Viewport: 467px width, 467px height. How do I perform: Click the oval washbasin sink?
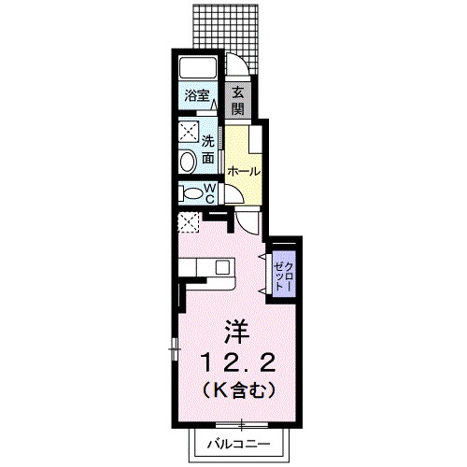188,162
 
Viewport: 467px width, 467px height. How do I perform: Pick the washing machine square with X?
188,131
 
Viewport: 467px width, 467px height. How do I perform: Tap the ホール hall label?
243,172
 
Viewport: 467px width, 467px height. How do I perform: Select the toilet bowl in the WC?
191,193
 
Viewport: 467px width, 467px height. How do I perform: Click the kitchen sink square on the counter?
222,266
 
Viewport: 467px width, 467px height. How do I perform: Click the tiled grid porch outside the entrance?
223,25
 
